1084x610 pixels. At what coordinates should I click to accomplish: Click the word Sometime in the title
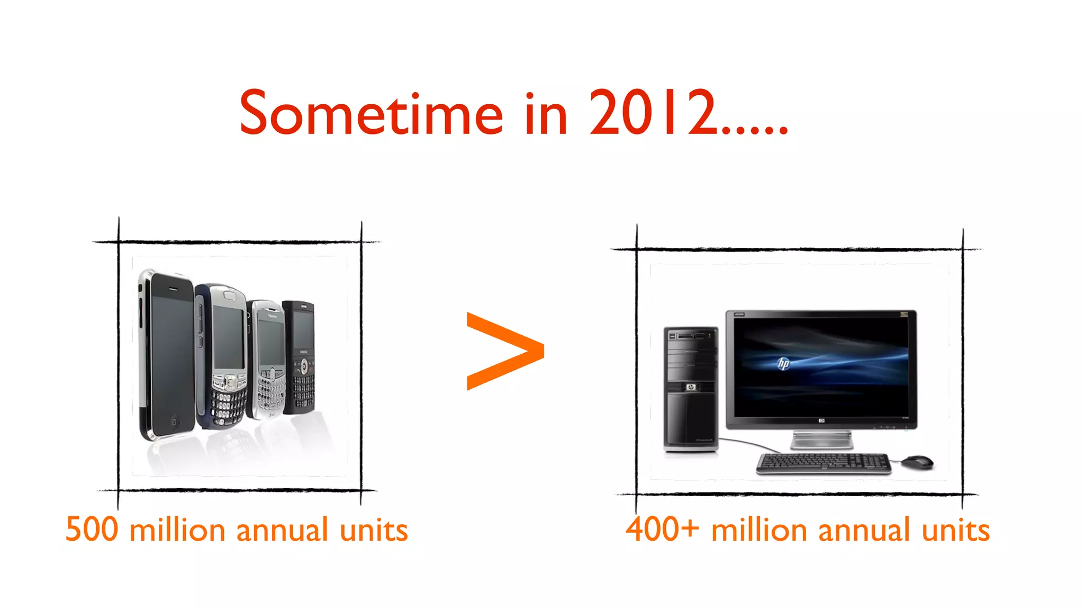(371, 113)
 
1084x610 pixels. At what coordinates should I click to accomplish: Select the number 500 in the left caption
(92, 529)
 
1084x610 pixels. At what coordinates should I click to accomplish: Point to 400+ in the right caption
(662, 529)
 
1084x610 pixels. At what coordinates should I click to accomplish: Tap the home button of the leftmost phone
(174, 421)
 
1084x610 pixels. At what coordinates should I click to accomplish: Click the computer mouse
(917, 461)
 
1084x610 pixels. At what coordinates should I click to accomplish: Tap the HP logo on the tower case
(690, 388)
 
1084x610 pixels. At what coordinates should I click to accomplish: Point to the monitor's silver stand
(821, 439)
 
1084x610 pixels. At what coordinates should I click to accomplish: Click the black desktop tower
(691, 389)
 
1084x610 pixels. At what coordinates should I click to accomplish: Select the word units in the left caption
(374, 530)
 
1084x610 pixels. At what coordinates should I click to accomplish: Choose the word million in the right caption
(759, 530)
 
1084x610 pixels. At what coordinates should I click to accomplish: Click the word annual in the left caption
(282, 530)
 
